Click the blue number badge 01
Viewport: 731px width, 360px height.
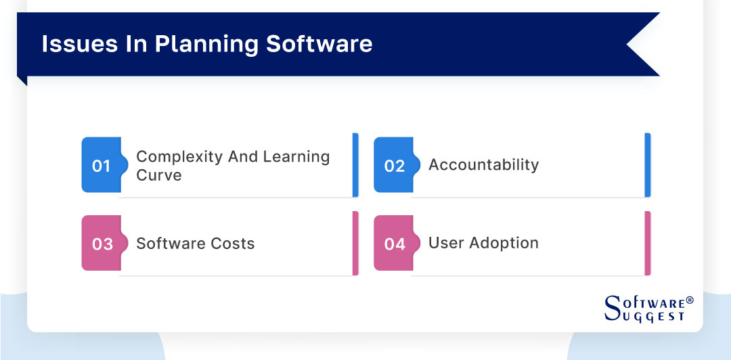101,166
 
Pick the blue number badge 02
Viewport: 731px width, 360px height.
394,166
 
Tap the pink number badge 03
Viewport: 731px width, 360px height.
102,244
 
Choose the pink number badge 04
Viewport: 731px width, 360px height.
394,244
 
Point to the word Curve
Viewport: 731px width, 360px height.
159,175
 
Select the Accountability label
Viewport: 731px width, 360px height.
483,164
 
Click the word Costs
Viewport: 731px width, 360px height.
232,244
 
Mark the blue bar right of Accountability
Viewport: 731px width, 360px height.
648,165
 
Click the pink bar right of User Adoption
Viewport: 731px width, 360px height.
648,244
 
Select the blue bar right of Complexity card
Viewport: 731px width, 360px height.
355,165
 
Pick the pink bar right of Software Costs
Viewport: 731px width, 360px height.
355,244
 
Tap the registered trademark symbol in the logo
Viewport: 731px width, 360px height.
690,299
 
